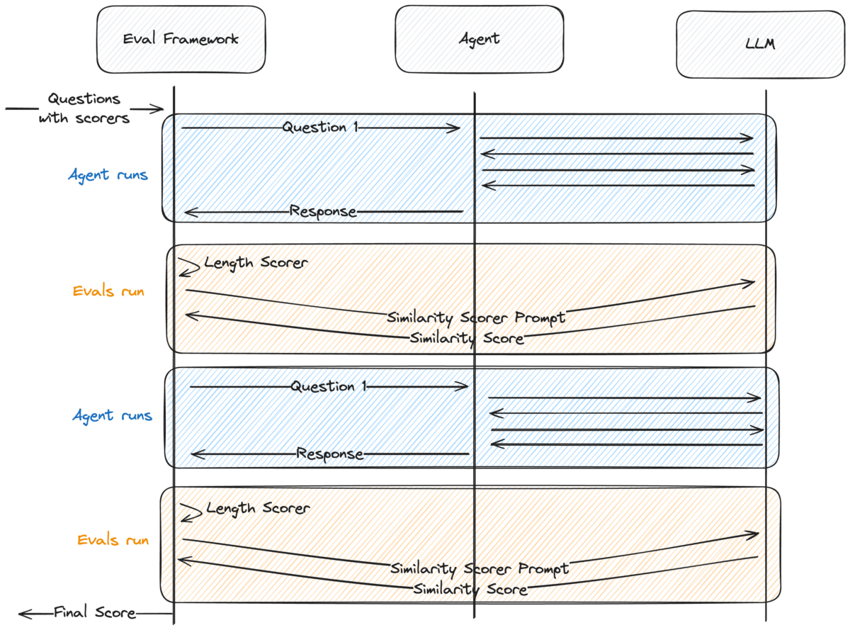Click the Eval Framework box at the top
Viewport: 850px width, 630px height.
tap(181, 40)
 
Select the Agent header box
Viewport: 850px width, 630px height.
tap(479, 39)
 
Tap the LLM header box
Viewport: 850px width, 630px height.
tap(761, 45)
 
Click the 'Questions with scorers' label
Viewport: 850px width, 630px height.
tap(84, 108)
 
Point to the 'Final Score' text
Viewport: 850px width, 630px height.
tap(94, 612)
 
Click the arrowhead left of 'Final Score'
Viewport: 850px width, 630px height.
tap(23, 613)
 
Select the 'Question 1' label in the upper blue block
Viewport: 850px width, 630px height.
tap(315, 128)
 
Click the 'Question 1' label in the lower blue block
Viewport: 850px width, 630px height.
tap(323, 387)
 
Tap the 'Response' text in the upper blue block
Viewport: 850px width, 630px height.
tap(322, 211)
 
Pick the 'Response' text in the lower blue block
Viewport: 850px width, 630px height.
tap(330, 454)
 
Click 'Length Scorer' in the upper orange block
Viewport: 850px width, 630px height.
tap(256, 263)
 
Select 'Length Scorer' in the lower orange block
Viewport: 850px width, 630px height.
tap(258, 509)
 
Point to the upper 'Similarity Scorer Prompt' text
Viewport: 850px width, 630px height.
tap(476, 317)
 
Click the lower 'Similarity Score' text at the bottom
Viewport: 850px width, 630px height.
tap(470, 589)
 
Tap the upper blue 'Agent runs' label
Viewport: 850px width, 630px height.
tap(108, 174)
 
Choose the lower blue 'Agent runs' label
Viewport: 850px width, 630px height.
tap(111, 416)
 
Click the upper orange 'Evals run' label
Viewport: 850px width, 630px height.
tap(108, 291)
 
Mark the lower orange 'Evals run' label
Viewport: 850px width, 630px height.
tap(113, 540)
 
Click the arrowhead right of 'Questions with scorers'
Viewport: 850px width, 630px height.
tap(159, 109)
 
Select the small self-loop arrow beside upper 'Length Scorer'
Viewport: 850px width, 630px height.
tap(188, 266)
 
